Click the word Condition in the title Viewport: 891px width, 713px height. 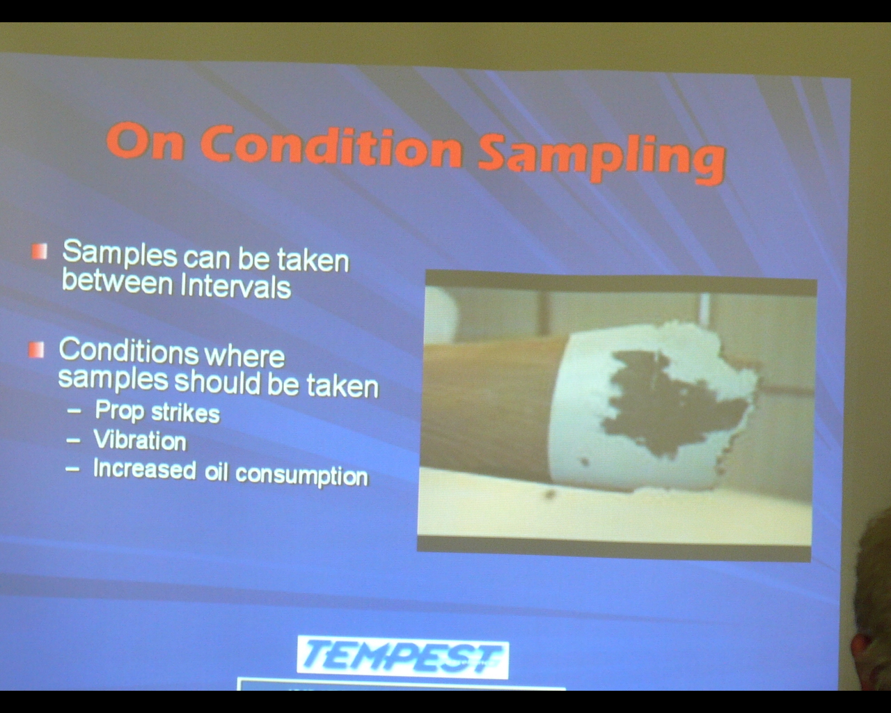point(331,148)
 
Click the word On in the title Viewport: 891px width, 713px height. point(145,141)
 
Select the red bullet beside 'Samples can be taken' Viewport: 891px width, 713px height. point(40,251)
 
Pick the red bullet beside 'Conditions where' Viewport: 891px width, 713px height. point(36,350)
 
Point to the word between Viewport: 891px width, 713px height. point(117,282)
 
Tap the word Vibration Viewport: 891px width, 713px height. point(140,439)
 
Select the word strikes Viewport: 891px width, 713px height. point(186,413)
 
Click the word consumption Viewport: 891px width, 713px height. point(302,475)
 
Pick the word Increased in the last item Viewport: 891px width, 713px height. point(145,469)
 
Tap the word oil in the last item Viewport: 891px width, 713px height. point(216,471)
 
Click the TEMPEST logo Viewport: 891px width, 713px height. point(403,657)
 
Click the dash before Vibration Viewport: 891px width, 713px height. point(73,439)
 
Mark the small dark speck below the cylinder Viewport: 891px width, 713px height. point(550,494)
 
